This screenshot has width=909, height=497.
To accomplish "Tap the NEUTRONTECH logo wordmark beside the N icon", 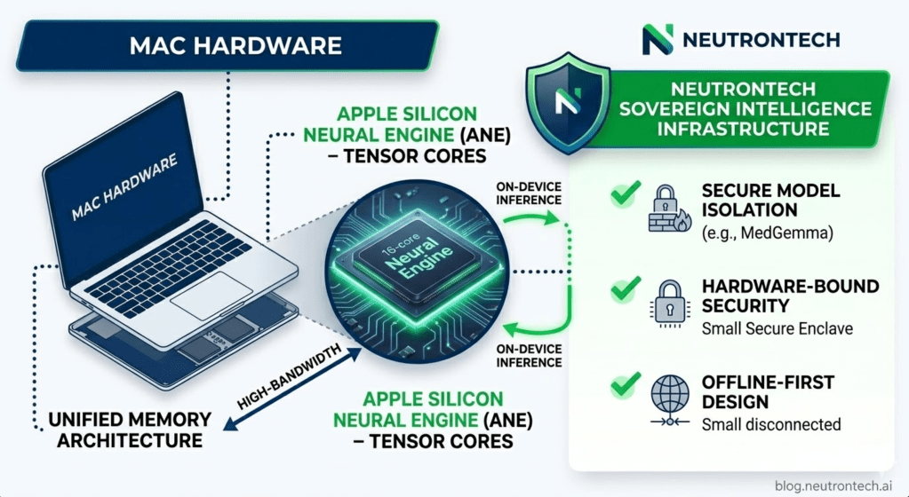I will point(761,39).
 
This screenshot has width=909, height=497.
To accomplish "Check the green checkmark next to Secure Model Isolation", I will point(626,195).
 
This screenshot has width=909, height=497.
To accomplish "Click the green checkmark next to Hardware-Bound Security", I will point(626,288).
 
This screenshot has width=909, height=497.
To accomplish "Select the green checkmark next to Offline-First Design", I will point(626,383).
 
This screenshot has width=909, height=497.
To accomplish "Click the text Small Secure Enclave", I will point(777,328).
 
